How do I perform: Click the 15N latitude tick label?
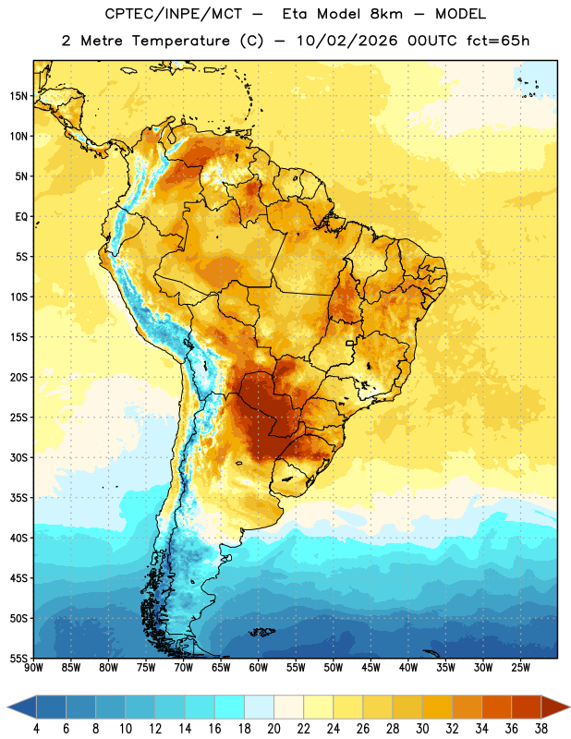pos(18,96)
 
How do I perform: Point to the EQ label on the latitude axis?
pos(21,217)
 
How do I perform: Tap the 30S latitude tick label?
pos(18,457)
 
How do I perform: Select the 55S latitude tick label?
pos(18,658)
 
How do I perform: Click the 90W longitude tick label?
pos(33,668)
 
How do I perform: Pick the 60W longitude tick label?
pos(259,668)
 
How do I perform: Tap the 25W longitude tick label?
pos(520,668)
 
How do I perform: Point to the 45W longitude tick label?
pos(371,668)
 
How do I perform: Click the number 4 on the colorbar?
pos(36,729)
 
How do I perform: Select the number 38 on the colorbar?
pos(541,729)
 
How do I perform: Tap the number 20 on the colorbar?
pos(273,729)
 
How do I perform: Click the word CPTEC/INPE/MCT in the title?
pos(173,14)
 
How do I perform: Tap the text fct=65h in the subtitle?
pos(498,41)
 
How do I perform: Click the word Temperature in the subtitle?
pos(180,41)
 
